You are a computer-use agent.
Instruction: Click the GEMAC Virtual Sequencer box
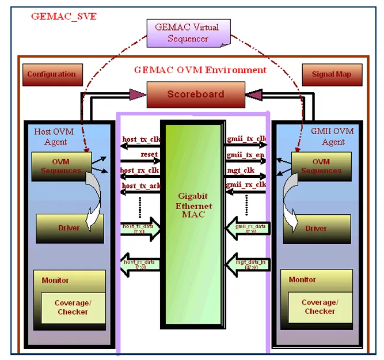coord(188,33)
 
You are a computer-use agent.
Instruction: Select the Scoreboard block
coord(195,94)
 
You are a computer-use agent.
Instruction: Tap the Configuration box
coord(52,74)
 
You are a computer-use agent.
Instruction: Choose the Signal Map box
coord(332,74)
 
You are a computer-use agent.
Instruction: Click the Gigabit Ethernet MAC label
coord(194,206)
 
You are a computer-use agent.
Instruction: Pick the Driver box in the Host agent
coord(70,228)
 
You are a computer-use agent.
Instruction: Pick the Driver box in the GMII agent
coord(316,228)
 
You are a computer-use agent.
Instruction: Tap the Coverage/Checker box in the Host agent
coord(73,308)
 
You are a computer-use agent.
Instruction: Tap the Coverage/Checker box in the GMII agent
coord(320,307)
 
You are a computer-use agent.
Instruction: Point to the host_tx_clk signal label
coord(141,139)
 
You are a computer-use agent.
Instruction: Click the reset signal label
coord(149,155)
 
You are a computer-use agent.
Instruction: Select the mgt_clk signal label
coord(241,170)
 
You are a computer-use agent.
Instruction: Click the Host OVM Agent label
coord(54,137)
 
